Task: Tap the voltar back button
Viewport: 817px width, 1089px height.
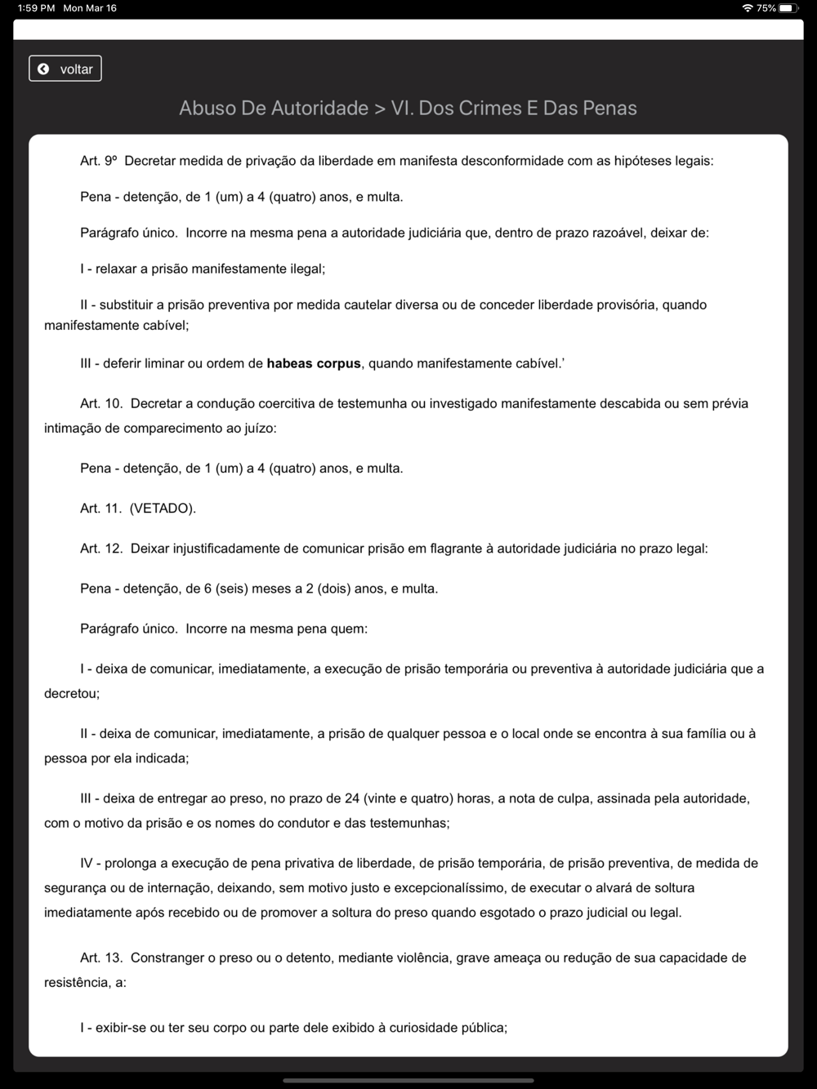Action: [65, 69]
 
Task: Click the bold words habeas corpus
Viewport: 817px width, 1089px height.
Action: [313, 364]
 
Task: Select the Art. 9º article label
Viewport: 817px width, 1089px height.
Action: [99, 161]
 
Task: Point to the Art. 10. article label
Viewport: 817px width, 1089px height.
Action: [101, 403]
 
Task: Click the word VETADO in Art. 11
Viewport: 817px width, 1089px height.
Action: [162, 509]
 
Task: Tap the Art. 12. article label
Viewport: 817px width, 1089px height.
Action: [101, 549]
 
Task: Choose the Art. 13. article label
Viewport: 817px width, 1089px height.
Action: [101, 958]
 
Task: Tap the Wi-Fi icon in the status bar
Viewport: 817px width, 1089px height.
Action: [747, 8]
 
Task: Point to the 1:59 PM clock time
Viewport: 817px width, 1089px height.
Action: [36, 8]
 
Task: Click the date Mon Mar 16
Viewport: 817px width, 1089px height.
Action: [90, 8]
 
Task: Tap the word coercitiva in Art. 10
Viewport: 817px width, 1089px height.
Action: [288, 403]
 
